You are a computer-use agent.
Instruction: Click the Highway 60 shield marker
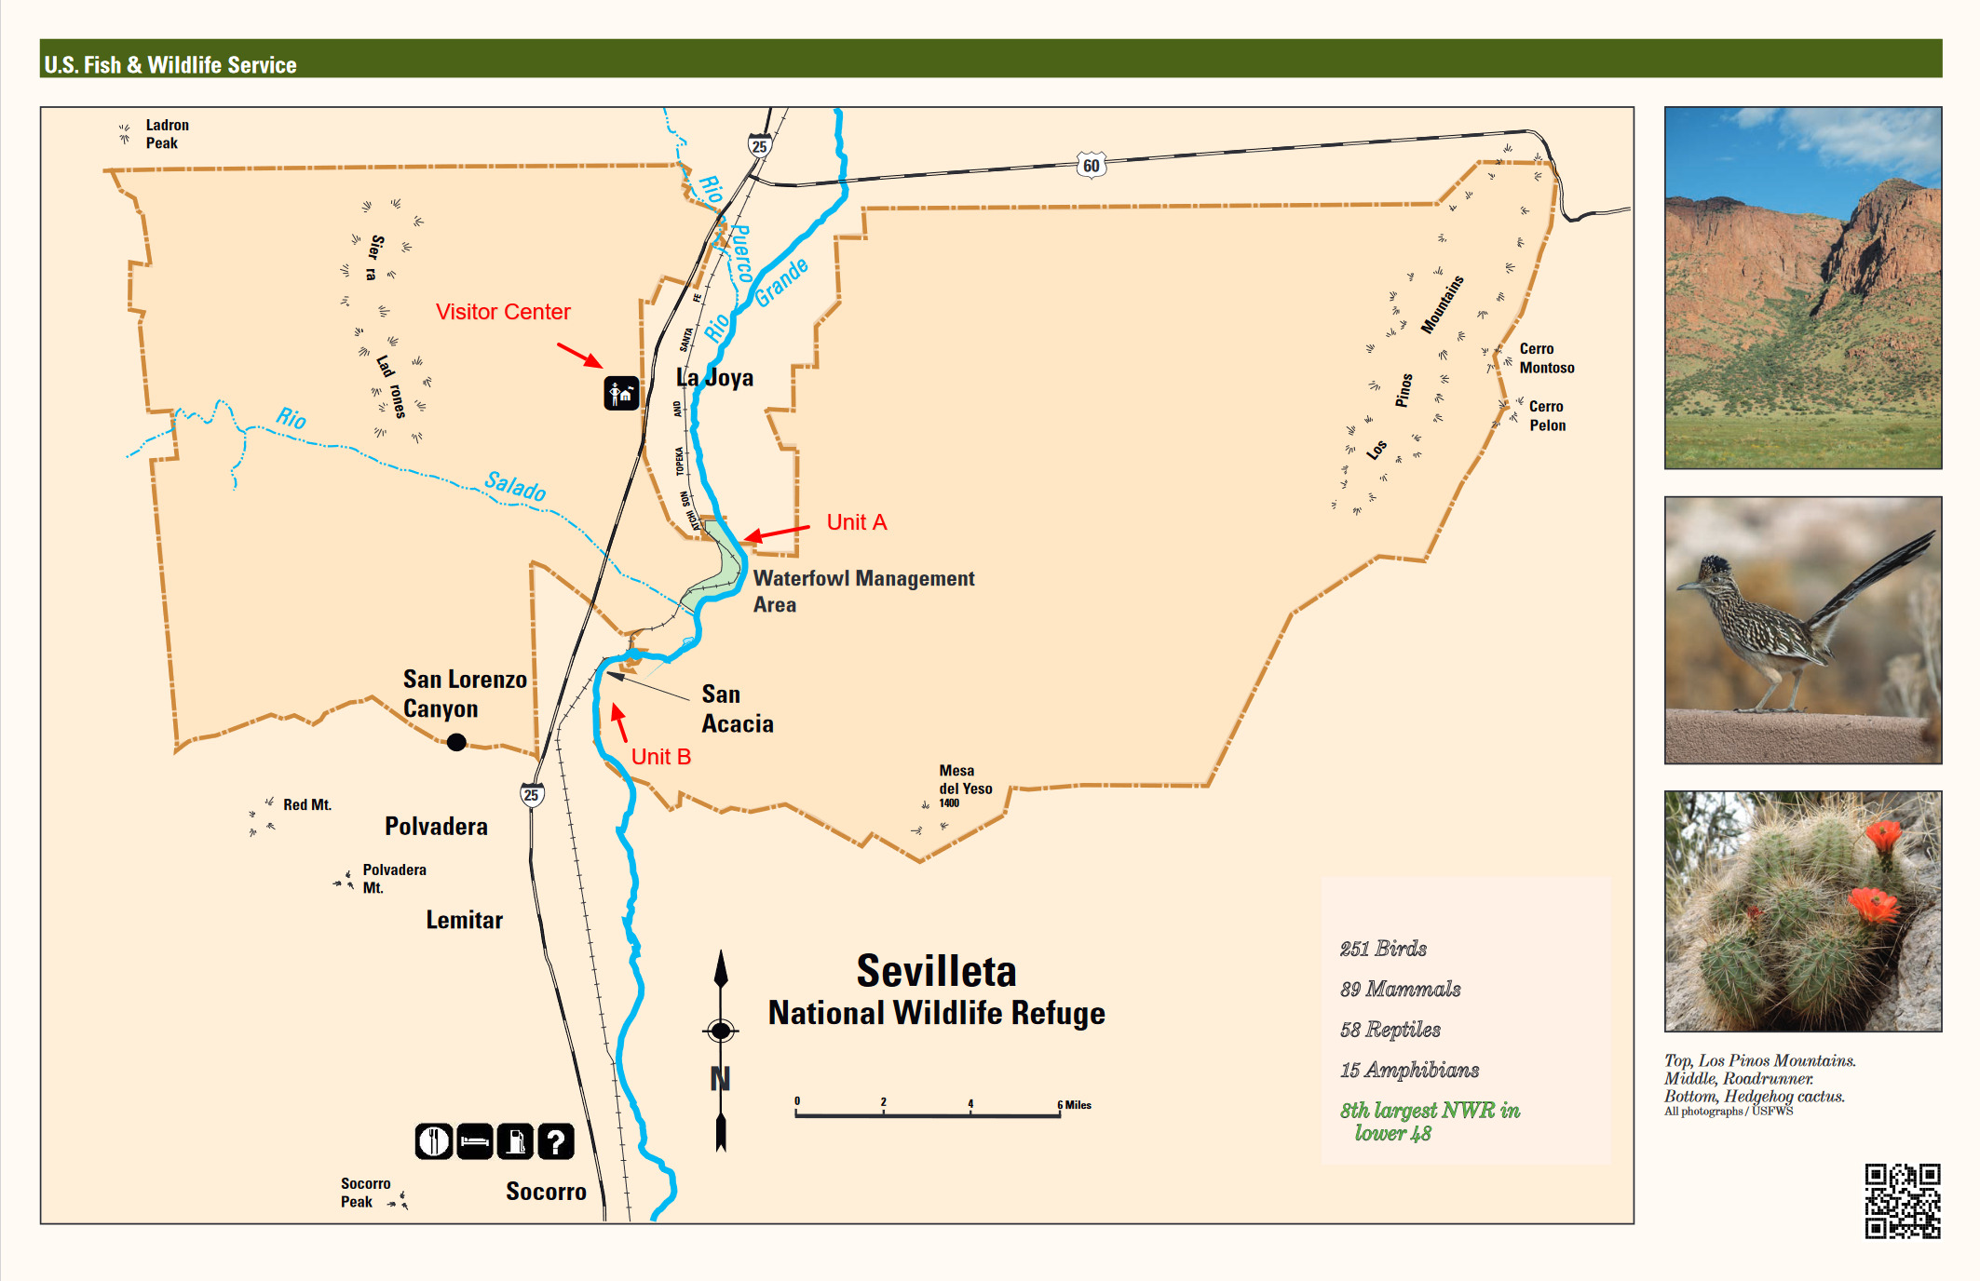[x=1091, y=166]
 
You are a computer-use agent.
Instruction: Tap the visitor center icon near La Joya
[x=621, y=394]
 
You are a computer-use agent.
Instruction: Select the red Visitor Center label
[x=503, y=312]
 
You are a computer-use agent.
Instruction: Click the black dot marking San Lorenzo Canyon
[x=456, y=742]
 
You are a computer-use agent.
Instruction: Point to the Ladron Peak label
[x=167, y=134]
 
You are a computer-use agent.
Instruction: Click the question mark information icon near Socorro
[x=556, y=1141]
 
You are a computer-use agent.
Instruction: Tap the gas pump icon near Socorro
[x=515, y=1141]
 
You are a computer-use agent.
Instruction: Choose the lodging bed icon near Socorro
[x=475, y=1141]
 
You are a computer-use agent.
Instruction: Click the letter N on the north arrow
[x=720, y=1079]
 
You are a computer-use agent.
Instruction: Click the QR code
[x=1902, y=1200]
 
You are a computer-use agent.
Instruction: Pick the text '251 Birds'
[x=1383, y=949]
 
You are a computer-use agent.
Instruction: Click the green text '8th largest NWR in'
[x=1430, y=1111]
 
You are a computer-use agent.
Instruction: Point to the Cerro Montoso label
[x=1547, y=358]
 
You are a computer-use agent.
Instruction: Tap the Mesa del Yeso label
[x=965, y=780]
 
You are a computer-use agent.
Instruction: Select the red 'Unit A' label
[x=857, y=522]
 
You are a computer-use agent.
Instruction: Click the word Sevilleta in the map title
[x=936, y=972]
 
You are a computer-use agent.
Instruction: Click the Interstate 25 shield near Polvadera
[x=531, y=795]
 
